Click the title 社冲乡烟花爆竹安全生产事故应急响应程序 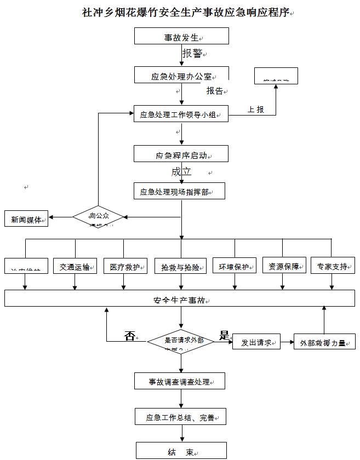pyautogui.click(x=185, y=12)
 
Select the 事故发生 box pyautogui.click(x=181, y=36)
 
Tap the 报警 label pyautogui.click(x=192, y=53)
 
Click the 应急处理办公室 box pyautogui.click(x=181, y=75)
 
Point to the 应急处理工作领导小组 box pyautogui.click(x=181, y=114)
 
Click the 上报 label pyautogui.click(x=256, y=110)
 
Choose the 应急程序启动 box pyautogui.click(x=181, y=154)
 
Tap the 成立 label pyautogui.click(x=181, y=172)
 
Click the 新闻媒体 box pyautogui.click(x=26, y=219)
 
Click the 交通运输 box pyautogui.click(x=75, y=266)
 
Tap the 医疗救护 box pyautogui.click(x=124, y=266)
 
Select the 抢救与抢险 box pyautogui.click(x=180, y=267)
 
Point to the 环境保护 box pyautogui.click(x=235, y=266)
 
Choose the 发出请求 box pyautogui.click(x=256, y=342)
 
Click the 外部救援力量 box pyautogui.click(x=324, y=342)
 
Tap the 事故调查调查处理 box pyautogui.click(x=180, y=381)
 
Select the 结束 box pyautogui.click(x=181, y=451)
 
